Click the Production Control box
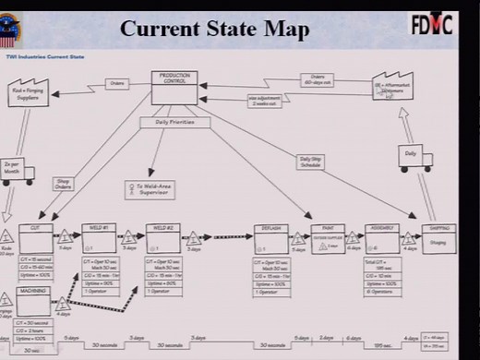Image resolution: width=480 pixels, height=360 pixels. [174, 88]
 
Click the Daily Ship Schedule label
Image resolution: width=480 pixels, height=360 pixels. [310, 161]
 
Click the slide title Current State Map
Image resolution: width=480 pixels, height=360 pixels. [215, 28]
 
